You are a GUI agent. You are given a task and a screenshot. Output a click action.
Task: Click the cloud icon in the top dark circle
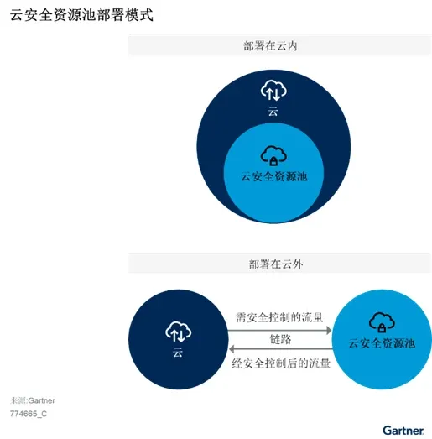pos(273,89)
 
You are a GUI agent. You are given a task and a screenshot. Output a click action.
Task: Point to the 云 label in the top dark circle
pos(273,111)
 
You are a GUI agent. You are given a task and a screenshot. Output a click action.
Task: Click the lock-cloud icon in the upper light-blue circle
pos(273,154)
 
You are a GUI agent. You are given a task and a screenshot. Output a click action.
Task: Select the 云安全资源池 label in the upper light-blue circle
pos(273,176)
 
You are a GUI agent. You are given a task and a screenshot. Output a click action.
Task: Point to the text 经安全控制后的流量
pos(280,364)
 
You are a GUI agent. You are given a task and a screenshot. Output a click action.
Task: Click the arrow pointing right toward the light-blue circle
pos(280,329)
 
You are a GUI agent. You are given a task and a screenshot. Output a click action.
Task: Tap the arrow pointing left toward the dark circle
pos(280,351)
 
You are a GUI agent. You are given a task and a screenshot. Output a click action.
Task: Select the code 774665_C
pos(29,414)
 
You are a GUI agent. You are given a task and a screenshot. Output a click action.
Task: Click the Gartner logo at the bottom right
pos(403,428)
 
